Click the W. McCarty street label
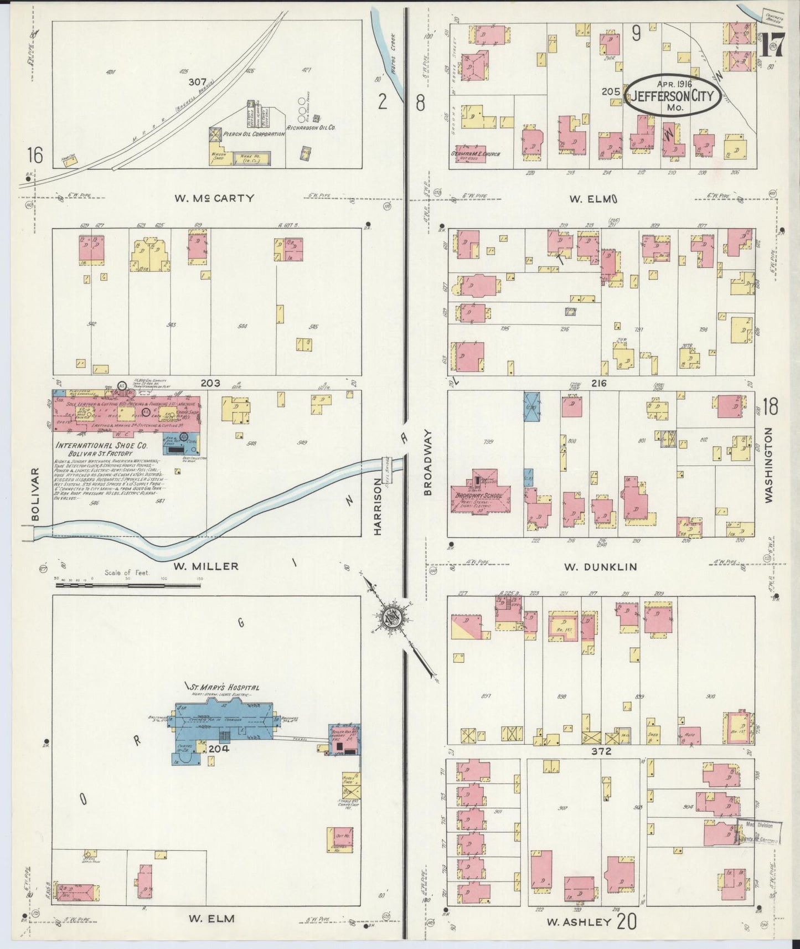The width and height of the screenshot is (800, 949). [214, 198]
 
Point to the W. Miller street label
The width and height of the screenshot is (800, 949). [206, 566]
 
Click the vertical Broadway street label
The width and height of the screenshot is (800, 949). [427, 463]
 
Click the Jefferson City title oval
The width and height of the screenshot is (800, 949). [673, 96]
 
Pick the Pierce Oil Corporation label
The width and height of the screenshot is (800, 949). [250, 134]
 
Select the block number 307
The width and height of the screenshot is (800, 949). [197, 81]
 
